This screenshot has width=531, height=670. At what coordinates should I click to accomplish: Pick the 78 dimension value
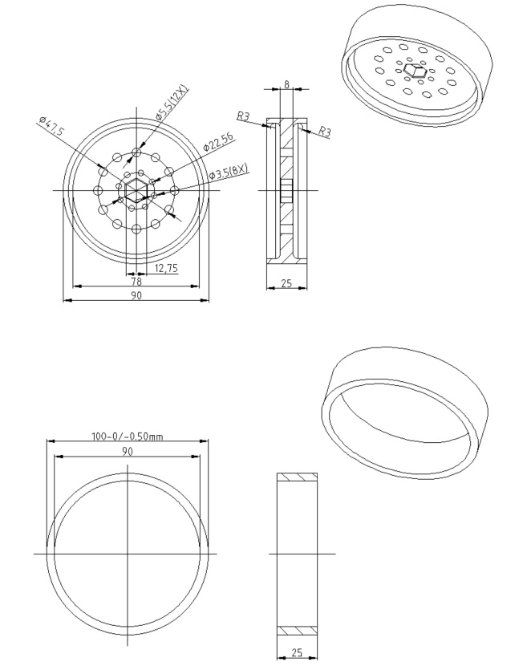tap(136, 281)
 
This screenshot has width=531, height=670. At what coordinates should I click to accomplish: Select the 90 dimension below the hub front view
tap(136, 295)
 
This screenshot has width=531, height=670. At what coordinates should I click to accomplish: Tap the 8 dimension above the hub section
tap(288, 83)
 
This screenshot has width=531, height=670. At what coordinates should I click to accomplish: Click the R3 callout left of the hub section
tap(242, 117)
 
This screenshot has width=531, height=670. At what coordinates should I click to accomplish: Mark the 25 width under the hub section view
tap(287, 282)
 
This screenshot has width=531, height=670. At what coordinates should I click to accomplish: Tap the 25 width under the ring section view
tap(297, 653)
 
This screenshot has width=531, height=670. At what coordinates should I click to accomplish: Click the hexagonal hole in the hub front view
tap(136, 190)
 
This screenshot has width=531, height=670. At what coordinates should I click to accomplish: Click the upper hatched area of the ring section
tap(297, 477)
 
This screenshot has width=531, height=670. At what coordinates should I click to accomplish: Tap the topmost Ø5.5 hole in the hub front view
tap(136, 151)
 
